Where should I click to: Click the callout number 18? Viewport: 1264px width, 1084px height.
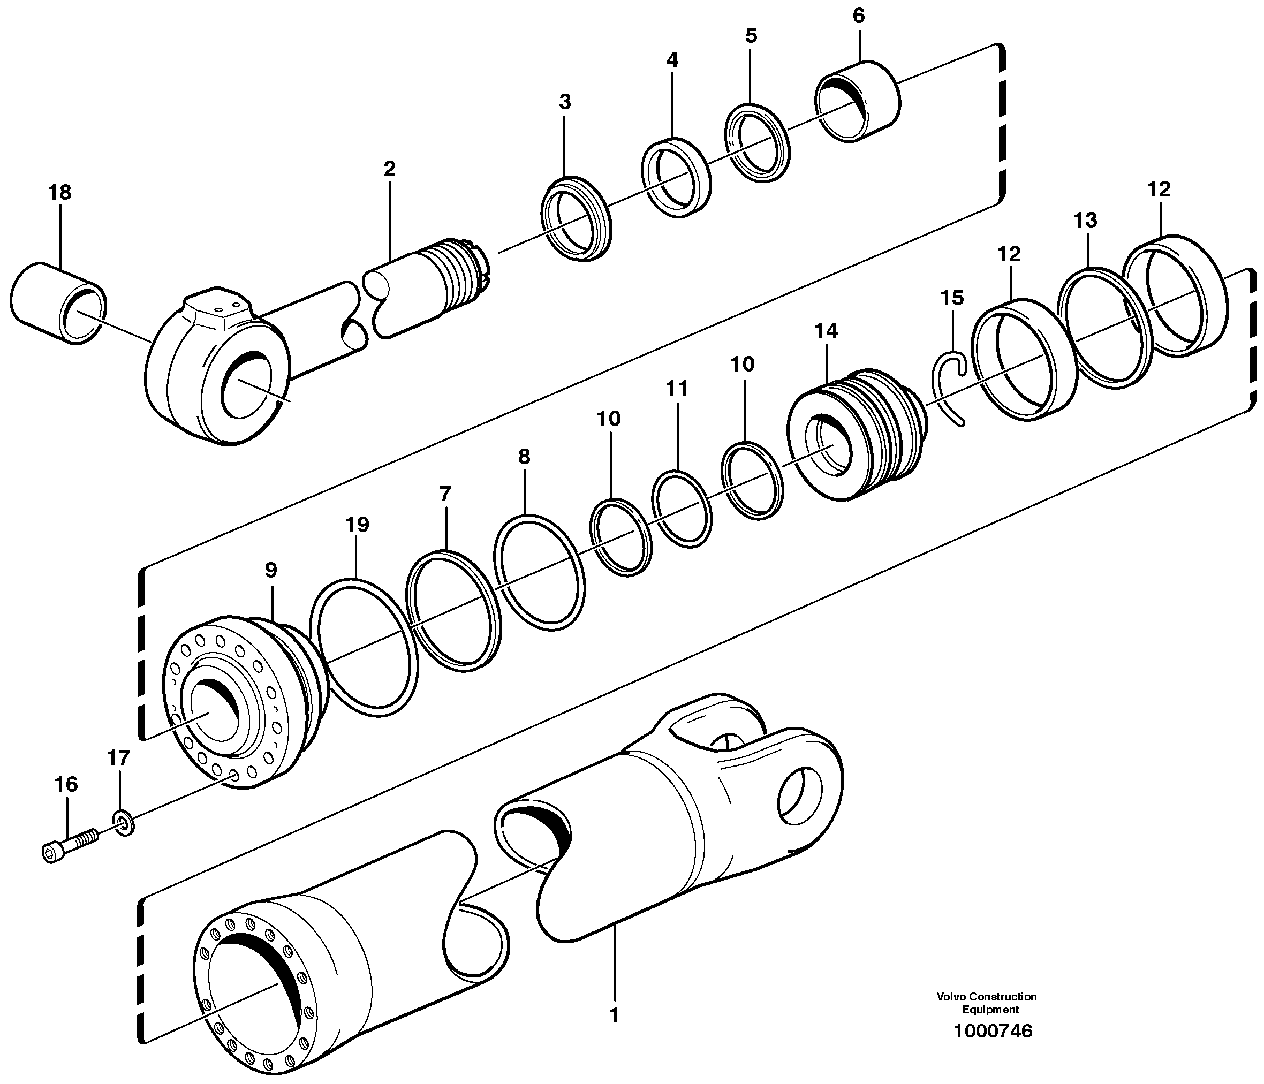point(60,193)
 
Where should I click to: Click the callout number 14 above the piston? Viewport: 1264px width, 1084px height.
point(826,331)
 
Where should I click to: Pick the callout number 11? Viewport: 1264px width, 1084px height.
point(677,388)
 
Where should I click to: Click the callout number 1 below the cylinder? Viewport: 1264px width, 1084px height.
point(614,1015)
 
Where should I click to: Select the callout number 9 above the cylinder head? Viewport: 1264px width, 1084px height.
point(271,570)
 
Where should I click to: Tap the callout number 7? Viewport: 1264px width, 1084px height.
point(445,494)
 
